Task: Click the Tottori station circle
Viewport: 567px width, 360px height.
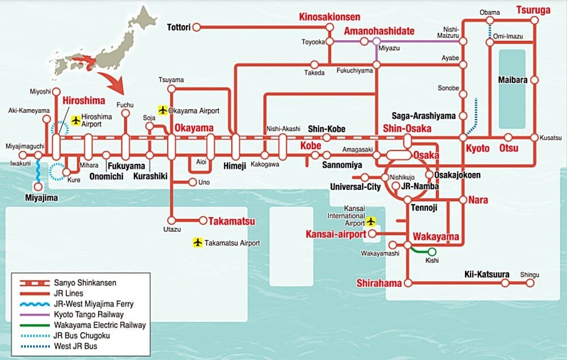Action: (x=196, y=27)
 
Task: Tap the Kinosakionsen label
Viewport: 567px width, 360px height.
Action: (x=330, y=18)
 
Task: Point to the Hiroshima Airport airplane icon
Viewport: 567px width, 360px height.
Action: (x=76, y=120)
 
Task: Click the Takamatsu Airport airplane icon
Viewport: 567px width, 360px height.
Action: (x=197, y=243)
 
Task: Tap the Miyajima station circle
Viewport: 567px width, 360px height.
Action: (x=37, y=186)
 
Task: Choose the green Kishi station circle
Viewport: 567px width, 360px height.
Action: (x=432, y=252)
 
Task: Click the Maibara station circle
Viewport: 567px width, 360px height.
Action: (x=534, y=81)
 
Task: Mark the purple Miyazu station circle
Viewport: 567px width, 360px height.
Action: (x=376, y=41)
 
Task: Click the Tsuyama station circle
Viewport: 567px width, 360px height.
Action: (x=171, y=89)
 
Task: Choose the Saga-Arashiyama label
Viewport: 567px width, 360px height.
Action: (x=424, y=116)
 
